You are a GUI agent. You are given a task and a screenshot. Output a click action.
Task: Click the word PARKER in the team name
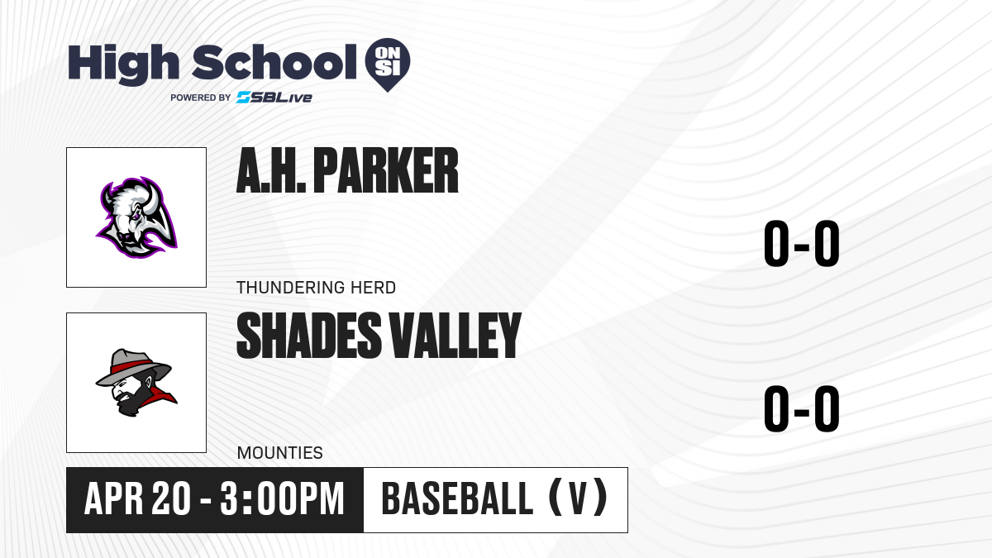click(x=386, y=170)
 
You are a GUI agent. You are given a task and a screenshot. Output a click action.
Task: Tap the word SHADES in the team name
click(x=309, y=336)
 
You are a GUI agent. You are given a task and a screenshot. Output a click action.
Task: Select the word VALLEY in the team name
click(x=455, y=336)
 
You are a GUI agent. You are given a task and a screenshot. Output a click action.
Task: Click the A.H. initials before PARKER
click(x=271, y=170)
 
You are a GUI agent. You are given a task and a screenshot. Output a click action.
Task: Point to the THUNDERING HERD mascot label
click(x=316, y=288)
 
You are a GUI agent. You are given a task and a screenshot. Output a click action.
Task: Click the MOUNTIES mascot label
click(x=280, y=453)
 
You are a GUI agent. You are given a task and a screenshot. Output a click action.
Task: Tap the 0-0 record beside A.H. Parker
click(x=802, y=243)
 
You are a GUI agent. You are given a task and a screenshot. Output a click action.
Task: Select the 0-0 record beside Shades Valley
click(x=802, y=408)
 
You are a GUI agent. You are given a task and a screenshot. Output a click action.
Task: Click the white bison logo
click(x=136, y=217)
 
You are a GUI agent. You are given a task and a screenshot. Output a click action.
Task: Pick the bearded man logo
click(x=136, y=383)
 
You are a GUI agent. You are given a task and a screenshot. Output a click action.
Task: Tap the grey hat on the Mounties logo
click(x=133, y=367)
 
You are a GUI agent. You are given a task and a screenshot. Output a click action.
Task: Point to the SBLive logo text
click(x=274, y=98)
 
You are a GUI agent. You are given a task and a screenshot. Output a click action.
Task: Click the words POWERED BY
click(x=201, y=98)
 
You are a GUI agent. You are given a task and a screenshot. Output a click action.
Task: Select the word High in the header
click(x=124, y=64)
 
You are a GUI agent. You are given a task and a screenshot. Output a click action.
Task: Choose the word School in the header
click(x=274, y=62)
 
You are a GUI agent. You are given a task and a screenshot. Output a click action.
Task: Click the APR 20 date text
click(x=137, y=498)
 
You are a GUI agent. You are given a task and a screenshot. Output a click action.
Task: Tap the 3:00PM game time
click(x=283, y=498)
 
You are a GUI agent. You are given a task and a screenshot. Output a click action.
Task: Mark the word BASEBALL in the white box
click(x=457, y=498)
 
